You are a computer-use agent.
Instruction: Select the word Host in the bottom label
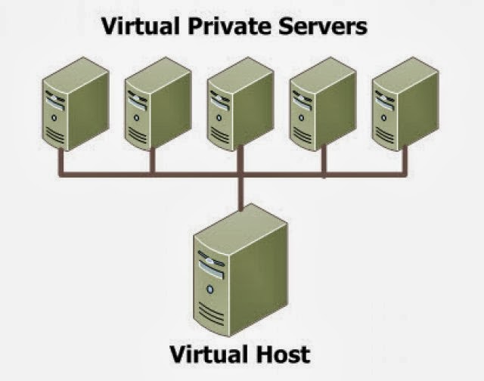click(281, 353)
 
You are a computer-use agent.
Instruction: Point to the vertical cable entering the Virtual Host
click(241, 198)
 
